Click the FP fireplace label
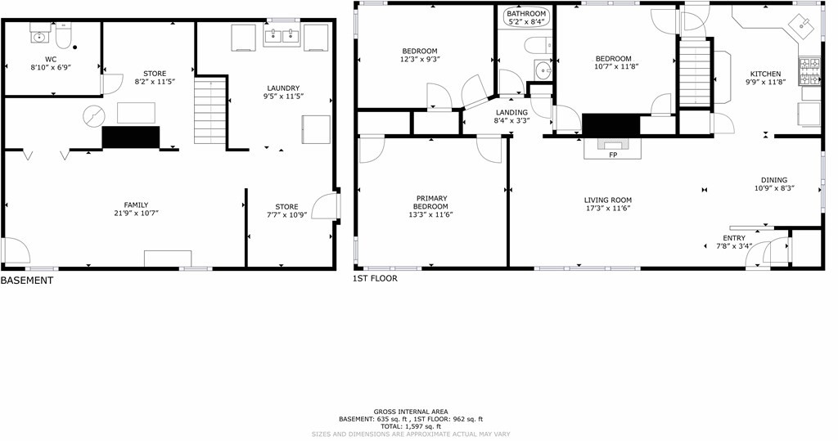click(x=612, y=155)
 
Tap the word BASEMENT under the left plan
click(x=27, y=281)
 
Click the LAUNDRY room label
click(x=283, y=88)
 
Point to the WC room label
click(x=51, y=59)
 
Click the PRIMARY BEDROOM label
click(x=430, y=202)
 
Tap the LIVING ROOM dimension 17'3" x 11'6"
click(x=607, y=209)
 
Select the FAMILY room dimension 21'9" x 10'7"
click(x=136, y=214)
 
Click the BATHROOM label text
click(x=526, y=14)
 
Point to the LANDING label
click(x=511, y=112)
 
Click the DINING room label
click(x=774, y=180)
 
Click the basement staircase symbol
click(x=210, y=113)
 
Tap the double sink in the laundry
click(x=284, y=35)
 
